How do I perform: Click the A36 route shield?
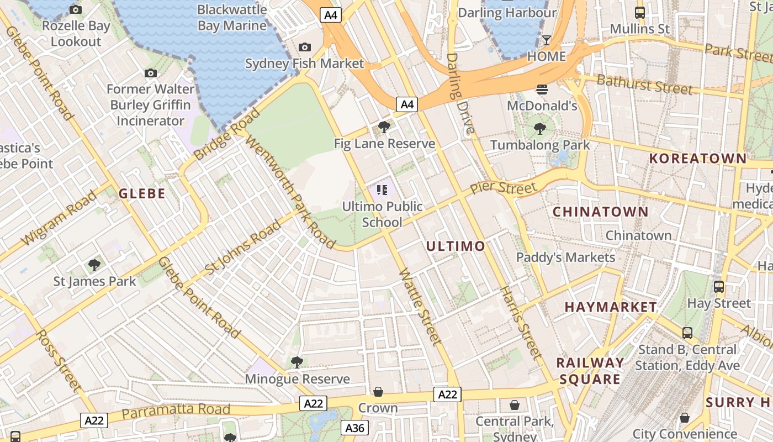[355, 428]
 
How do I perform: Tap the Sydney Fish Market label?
[304, 64]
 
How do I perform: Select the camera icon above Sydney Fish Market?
[304, 48]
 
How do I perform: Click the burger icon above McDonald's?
[542, 90]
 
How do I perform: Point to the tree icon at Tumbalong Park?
[539, 129]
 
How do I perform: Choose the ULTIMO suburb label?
[456, 246]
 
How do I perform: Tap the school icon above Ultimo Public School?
[382, 191]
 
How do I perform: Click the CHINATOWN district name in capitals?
[601, 212]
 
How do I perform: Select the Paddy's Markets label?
[565, 257]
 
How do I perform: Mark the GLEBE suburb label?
[142, 193]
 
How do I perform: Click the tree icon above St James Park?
[94, 265]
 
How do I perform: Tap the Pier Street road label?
[502, 188]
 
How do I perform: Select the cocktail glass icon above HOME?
[546, 40]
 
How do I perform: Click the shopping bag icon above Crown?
[378, 392]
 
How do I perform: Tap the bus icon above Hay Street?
[719, 287]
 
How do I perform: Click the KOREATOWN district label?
[698, 159]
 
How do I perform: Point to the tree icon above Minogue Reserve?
[297, 362]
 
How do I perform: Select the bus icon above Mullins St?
[640, 13]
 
